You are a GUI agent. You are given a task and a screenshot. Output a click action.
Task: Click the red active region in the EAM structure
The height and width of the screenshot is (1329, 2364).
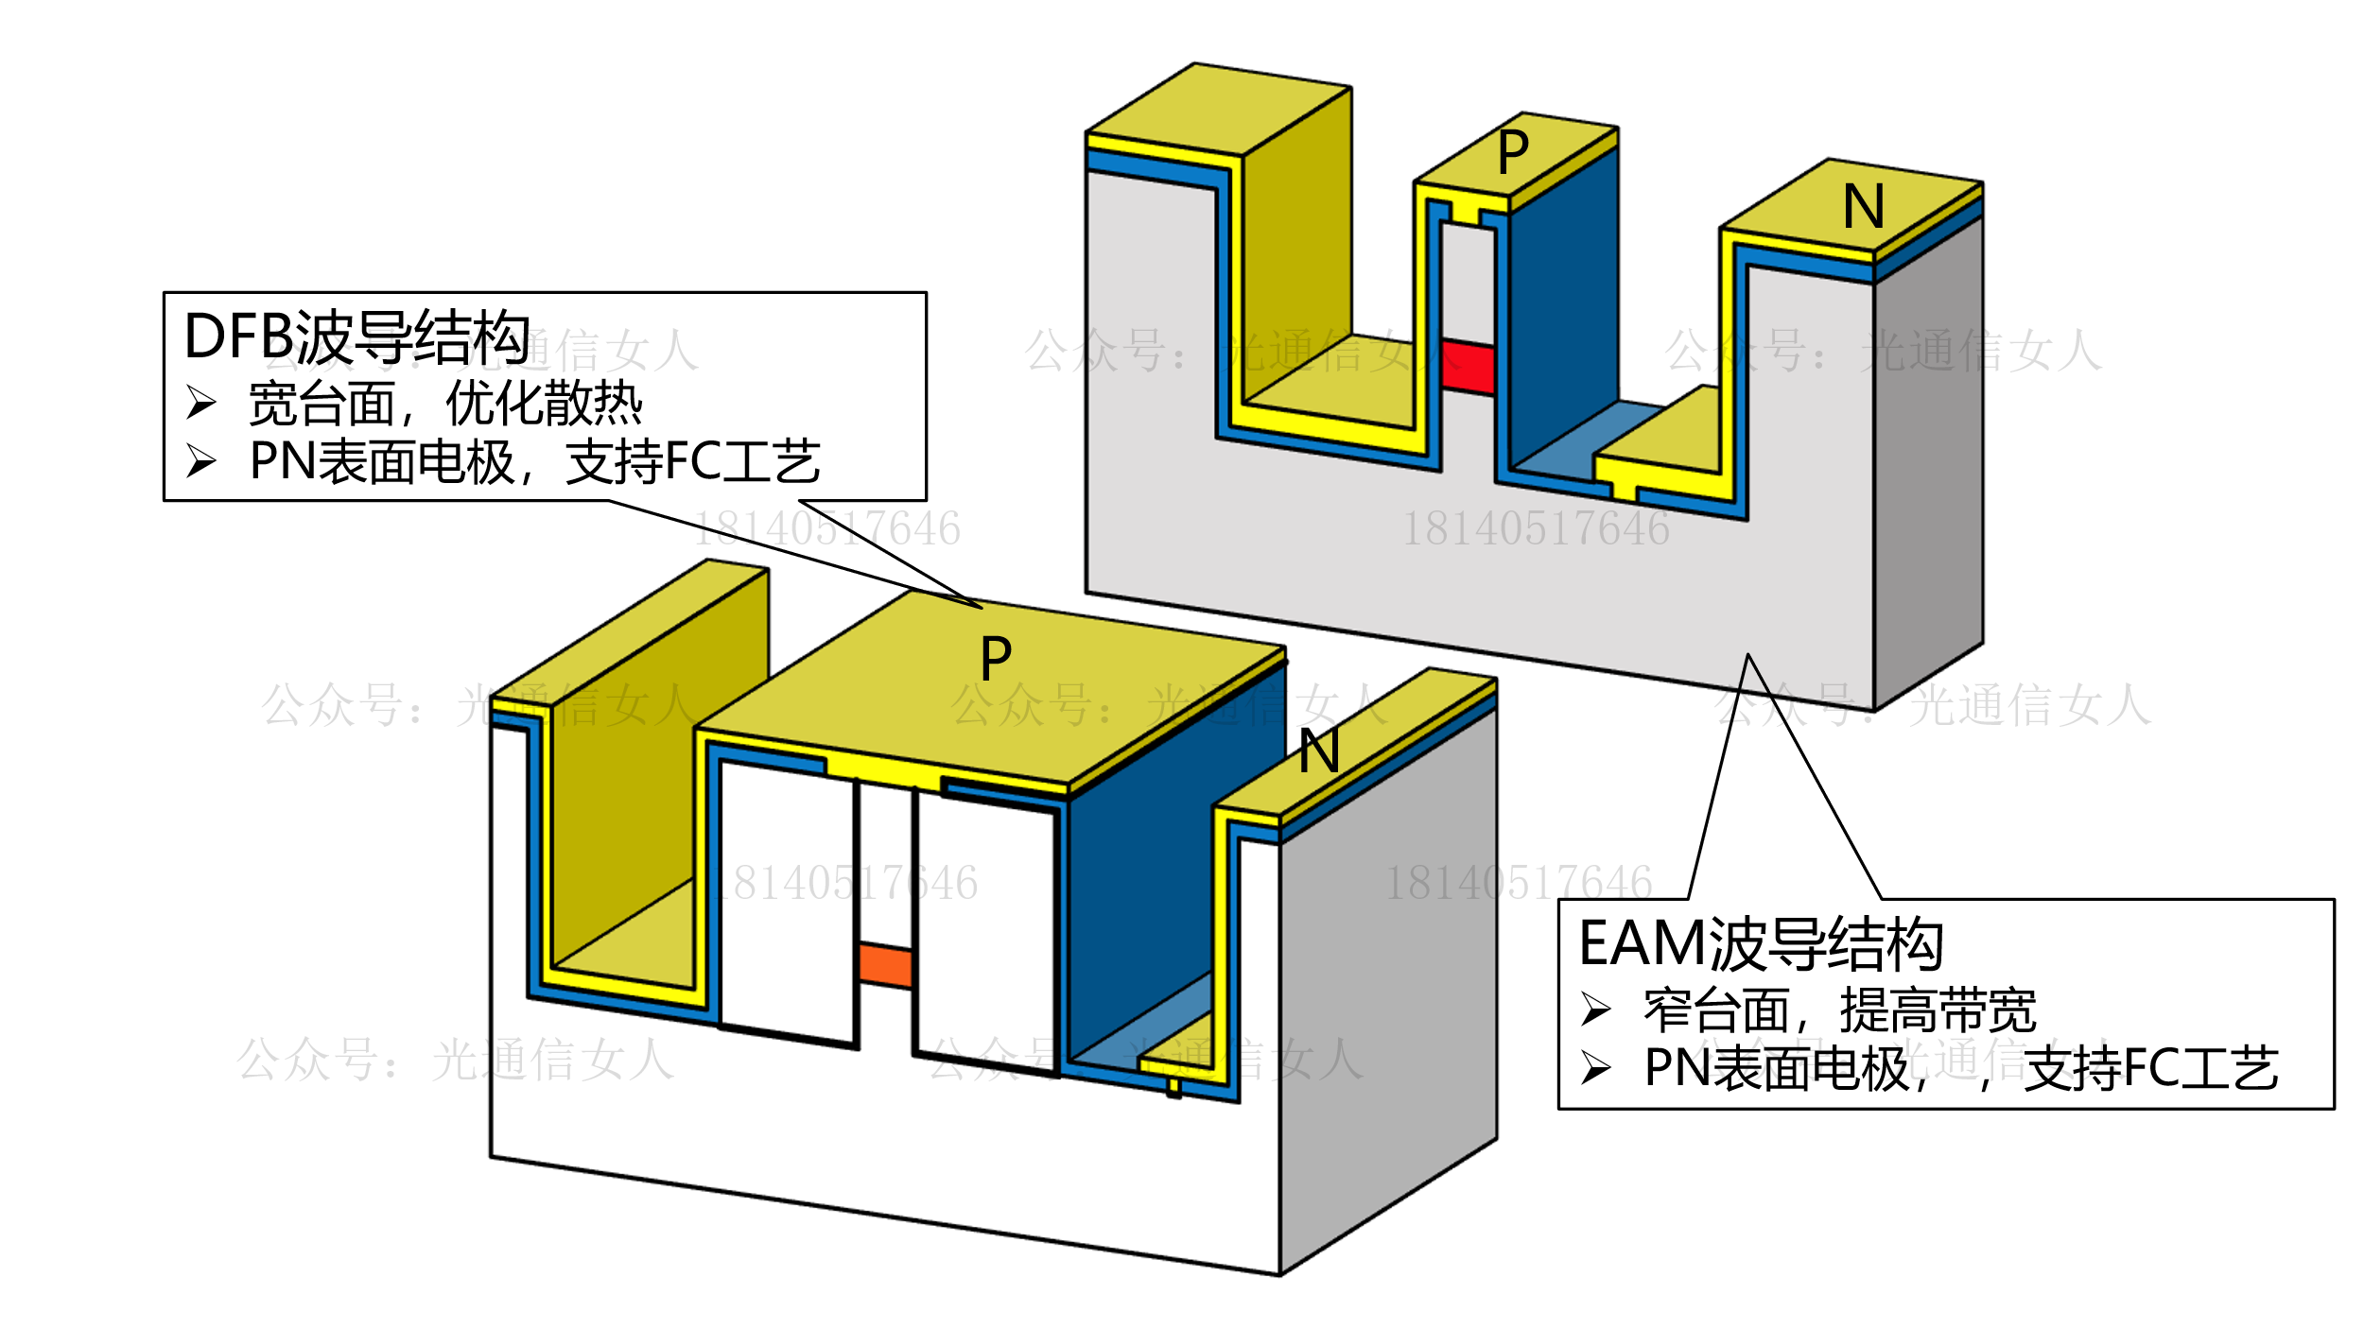click(x=1467, y=367)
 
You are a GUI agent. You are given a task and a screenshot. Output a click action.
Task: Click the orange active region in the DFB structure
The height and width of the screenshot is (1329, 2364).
click(x=885, y=965)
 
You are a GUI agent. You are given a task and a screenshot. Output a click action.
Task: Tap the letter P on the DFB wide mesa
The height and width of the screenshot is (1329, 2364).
click(x=996, y=659)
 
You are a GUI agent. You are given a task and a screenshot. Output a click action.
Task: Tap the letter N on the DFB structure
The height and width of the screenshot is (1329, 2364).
click(x=1318, y=752)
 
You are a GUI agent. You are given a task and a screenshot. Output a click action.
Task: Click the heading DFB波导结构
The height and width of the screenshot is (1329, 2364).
click(x=356, y=337)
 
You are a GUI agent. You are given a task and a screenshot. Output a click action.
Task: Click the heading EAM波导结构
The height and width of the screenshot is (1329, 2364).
click(x=1761, y=943)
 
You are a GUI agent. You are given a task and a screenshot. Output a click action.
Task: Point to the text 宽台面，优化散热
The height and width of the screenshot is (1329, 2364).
click(x=445, y=405)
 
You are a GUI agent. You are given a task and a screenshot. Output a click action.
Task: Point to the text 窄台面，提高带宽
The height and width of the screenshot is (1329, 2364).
click(x=1839, y=1010)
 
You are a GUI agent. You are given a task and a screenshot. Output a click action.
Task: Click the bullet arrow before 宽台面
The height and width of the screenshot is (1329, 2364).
click(x=200, y=403)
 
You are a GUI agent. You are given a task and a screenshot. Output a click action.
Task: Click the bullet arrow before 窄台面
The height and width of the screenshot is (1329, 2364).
click(x=1596, y=1010)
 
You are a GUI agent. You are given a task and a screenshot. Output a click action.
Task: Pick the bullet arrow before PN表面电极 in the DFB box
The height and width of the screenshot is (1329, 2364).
click(x=200, y=461)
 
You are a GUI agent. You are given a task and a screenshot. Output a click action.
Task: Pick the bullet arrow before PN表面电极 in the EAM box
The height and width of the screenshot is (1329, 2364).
click(x=1596, y=1068)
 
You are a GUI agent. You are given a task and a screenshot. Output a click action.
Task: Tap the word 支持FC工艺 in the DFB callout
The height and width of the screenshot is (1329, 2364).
click(x=693, y=462)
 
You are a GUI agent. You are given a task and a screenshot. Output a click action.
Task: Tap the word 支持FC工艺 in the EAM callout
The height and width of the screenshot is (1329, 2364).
click(x=2151, y=1069)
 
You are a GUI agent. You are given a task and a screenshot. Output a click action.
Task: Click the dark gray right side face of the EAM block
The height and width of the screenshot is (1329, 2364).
click(x=1928, y=454)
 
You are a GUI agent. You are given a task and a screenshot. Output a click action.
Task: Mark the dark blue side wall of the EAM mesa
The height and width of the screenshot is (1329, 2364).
click(x=1563, y=302)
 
